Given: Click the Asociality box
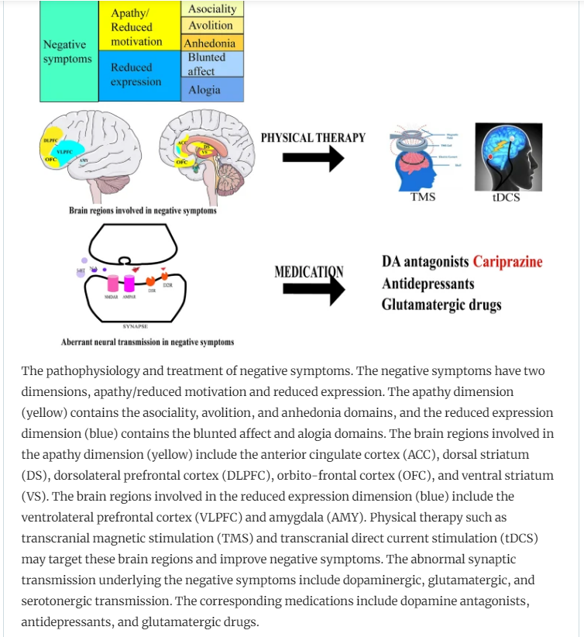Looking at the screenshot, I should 212,9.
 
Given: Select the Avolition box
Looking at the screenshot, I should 212,26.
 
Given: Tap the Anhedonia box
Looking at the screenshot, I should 212,43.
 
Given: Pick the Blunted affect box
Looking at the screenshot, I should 212,64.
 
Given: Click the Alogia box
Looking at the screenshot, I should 212,90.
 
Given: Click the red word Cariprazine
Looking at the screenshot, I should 507,261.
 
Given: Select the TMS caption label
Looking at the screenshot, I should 422,197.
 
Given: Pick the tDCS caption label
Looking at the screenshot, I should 506,198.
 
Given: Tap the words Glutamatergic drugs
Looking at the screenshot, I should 441,305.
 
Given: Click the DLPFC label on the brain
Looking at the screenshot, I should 53,139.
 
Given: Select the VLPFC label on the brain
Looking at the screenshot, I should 63,153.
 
